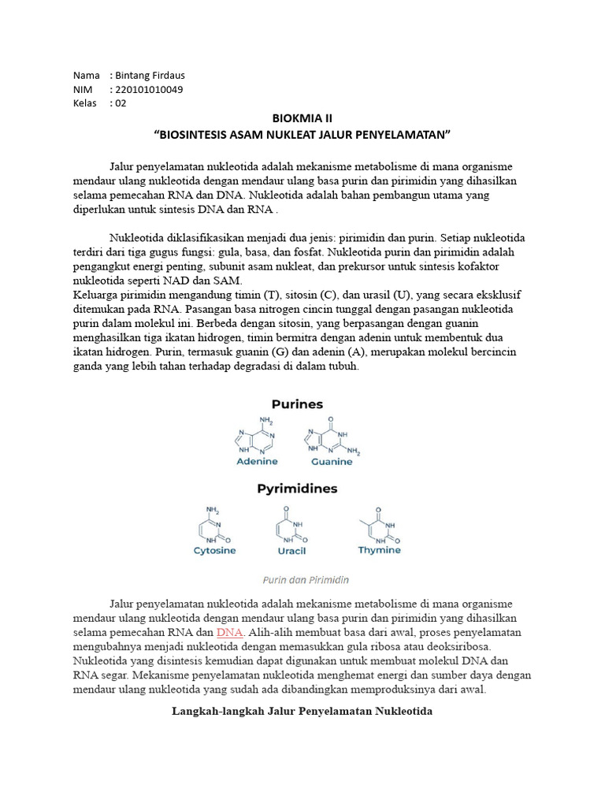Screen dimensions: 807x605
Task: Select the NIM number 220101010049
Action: click(149, 90)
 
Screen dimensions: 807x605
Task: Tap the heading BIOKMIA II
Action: click(302, 118)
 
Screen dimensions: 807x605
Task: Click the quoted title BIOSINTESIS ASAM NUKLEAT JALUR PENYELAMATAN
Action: click(302, 134)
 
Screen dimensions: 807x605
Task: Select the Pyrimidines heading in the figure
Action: click(297, 489)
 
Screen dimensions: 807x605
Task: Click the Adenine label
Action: click(257, 461)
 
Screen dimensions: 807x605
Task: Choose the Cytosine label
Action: click(214, 551)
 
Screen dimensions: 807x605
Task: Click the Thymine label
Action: click(379, 550)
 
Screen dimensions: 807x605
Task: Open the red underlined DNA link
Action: click(230, 633)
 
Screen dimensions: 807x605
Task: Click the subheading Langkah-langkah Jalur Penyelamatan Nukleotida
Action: click(302, 712)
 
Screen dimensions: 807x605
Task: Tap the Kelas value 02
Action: click(120, 103)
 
